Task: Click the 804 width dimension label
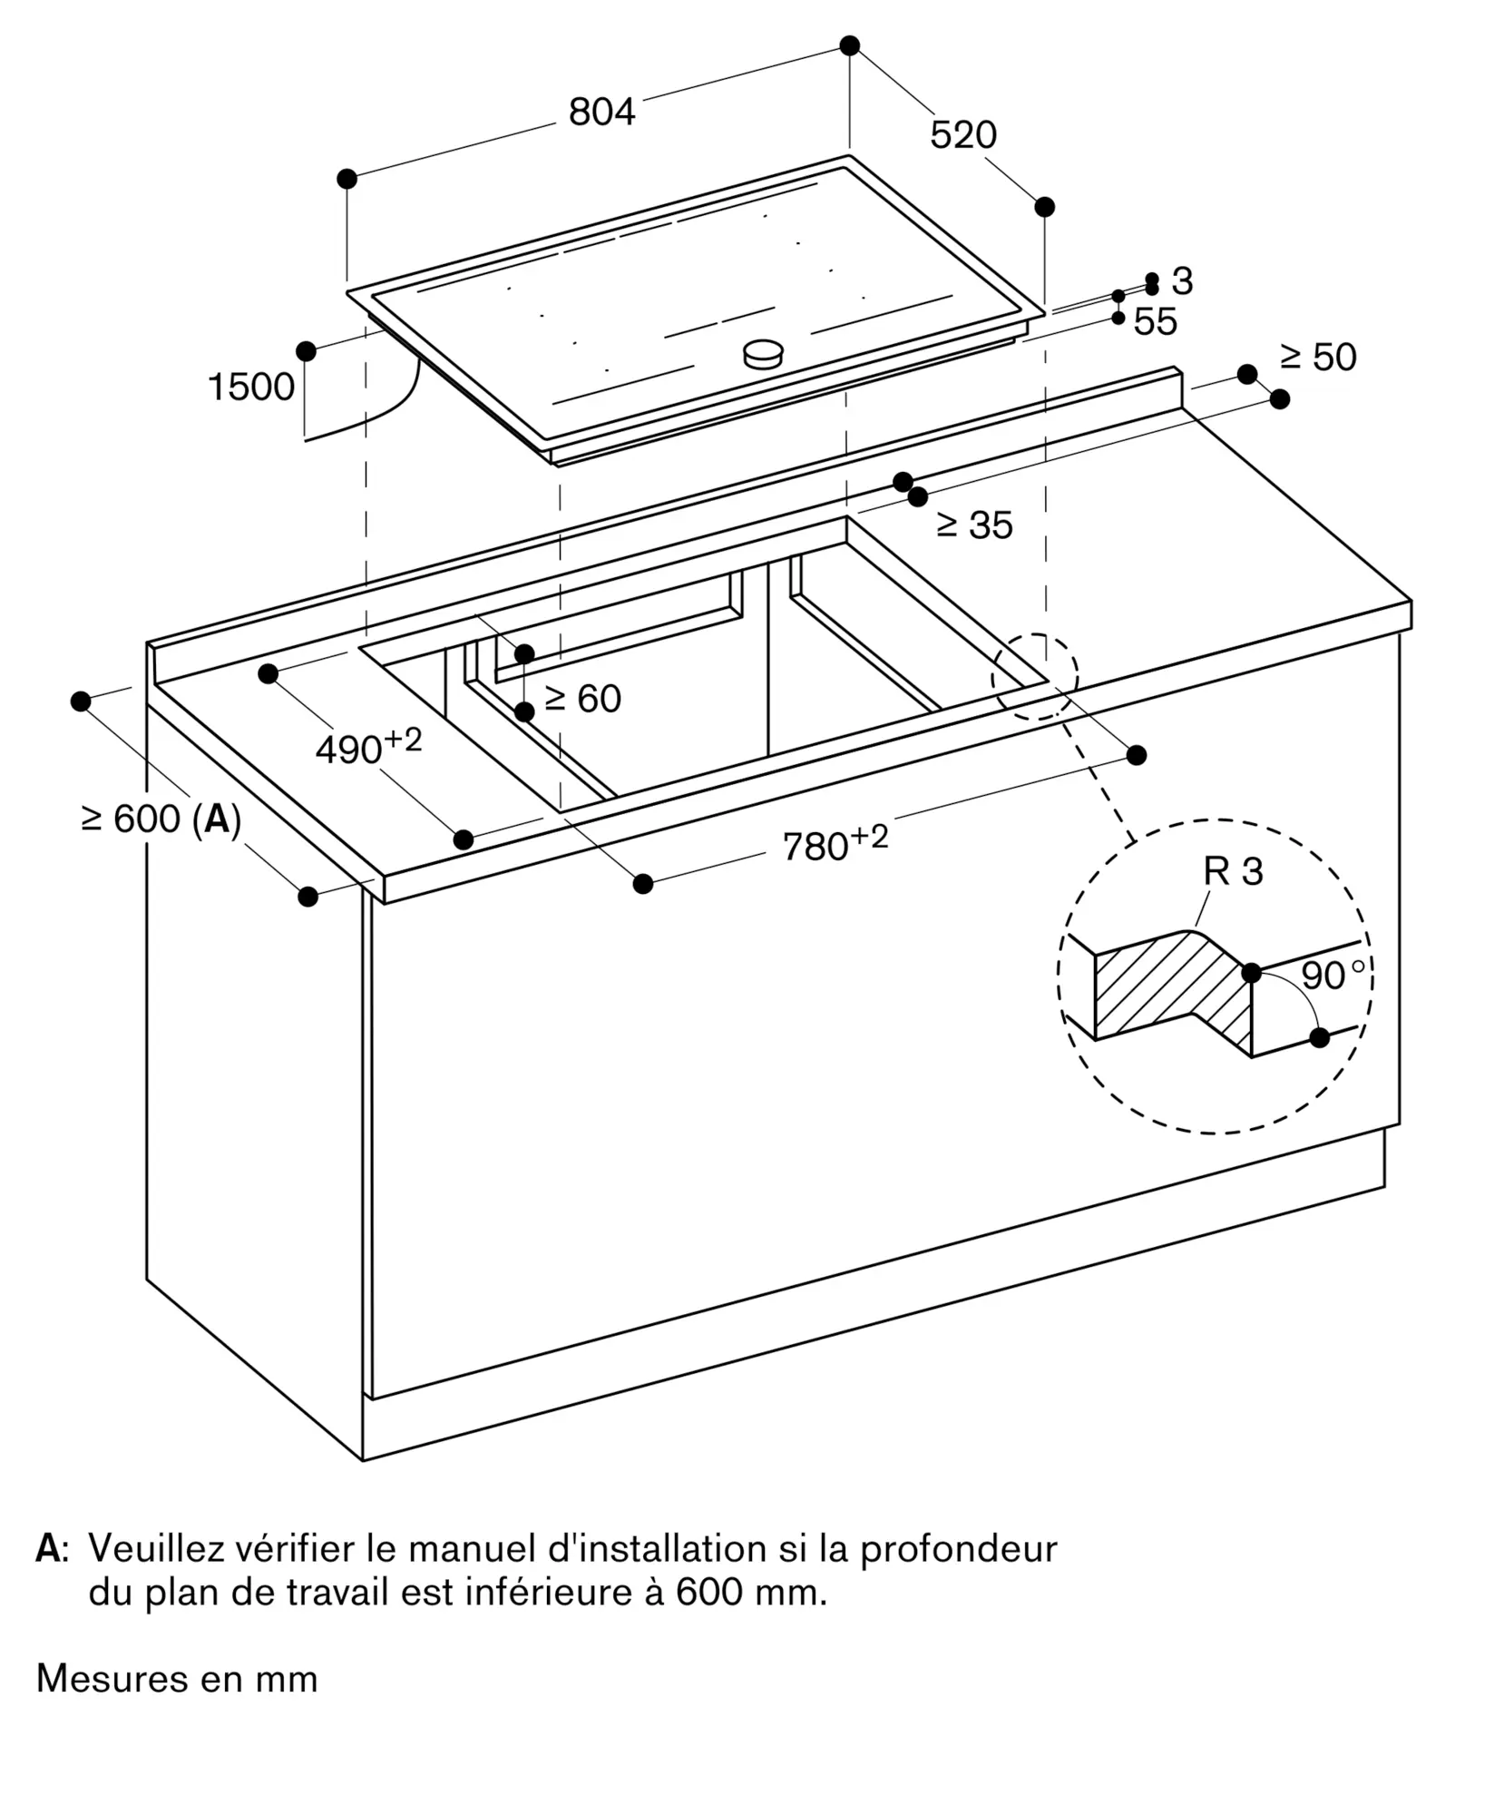tap(601, 112)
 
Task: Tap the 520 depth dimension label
tap(963, 134)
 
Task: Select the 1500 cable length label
tap(251, 387)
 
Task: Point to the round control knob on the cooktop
tap(763, 354)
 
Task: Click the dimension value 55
tap(1156, 321)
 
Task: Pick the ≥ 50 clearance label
tap(1318, 357)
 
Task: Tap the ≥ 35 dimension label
tap(974, 525)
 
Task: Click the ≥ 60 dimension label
tap(582, 698)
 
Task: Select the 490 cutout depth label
tap(368, 746)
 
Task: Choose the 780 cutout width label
tap(835, 842)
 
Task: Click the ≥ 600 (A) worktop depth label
tap(161, 819)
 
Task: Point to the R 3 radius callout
tap(1233, 871)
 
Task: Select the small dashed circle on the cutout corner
tap(1035, 676)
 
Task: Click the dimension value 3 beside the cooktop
tap(1182, 281)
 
